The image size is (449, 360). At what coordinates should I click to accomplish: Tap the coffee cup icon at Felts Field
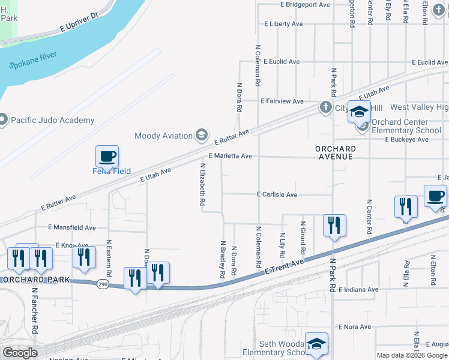107,157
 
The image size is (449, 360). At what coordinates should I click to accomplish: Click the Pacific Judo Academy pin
4,120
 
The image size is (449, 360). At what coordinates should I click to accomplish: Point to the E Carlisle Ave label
277,194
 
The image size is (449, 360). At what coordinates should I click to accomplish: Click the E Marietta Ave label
230,156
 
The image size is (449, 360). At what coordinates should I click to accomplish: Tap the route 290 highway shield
103,284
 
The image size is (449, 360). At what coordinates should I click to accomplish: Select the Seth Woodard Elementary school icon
316,344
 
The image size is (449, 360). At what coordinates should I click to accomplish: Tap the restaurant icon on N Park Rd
334,226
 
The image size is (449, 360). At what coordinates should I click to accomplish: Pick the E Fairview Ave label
282,102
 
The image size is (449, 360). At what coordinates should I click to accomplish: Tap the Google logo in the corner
20,353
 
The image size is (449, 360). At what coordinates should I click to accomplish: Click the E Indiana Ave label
358,289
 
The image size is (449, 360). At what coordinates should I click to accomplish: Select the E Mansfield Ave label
72,228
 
